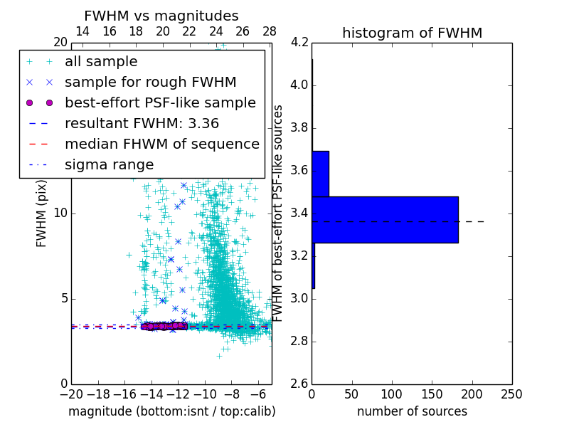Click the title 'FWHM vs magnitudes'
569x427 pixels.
point(161,16)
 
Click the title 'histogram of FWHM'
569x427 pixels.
point(412,33)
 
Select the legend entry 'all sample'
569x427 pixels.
point(101,62)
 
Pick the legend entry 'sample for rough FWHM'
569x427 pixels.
point(151,82)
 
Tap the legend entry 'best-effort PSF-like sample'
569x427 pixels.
point(160,102)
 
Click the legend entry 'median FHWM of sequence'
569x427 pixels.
point(162,144)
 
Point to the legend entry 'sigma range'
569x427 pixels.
point(109,164)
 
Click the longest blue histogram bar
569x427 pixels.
point(385,220)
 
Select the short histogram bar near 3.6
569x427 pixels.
point(320,174)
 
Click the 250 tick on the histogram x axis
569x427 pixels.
point(511,394)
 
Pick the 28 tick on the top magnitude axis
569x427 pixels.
point(270,31)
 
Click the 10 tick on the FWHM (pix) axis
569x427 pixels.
point(60,213)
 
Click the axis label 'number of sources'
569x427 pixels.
point(412,411)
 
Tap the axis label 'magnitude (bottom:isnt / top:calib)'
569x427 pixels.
point(171,411)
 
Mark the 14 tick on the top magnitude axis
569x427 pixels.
point(83,31)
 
